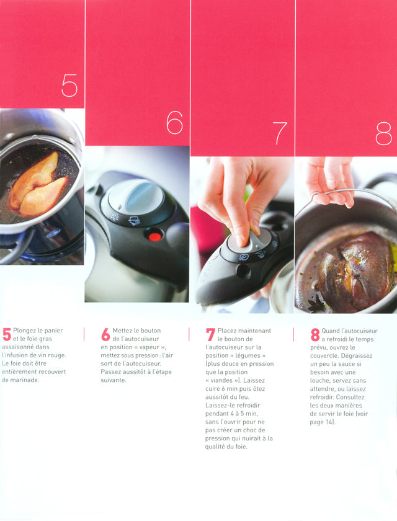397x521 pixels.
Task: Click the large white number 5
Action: coord(69,86)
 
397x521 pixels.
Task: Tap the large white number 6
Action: coord(175,122)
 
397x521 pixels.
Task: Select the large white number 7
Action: coord(280,133)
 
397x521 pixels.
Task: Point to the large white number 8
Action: coord(384,133)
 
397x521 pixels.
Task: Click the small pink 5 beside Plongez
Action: coord(7,334)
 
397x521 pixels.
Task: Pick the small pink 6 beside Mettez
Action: coord(105,334)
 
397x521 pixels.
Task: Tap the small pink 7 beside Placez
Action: coord(210,334)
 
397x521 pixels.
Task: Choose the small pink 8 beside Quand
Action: coord(315,334)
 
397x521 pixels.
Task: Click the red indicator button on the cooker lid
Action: coord(154,236)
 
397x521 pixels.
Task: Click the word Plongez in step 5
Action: coord(25,331)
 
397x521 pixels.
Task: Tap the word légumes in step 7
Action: coord(245,355)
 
